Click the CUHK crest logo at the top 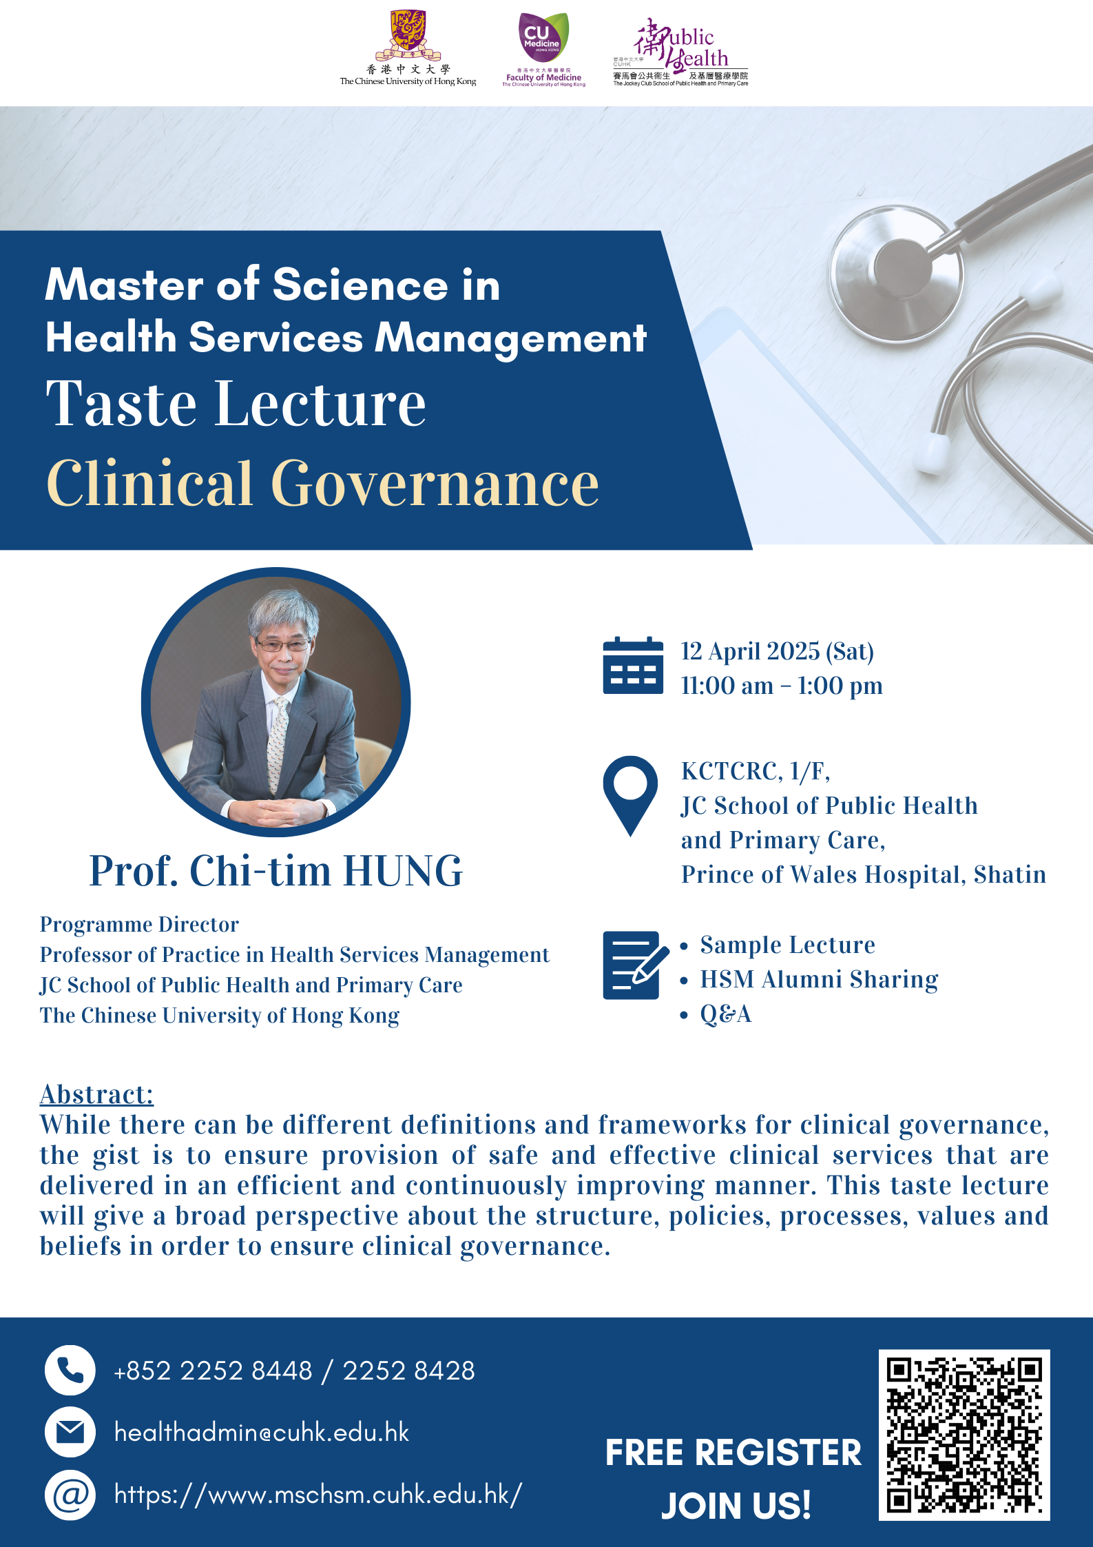408,36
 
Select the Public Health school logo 680,52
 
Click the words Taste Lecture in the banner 236,404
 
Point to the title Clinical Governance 322,483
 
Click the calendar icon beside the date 633,666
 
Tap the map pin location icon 630,796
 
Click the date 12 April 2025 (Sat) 778,651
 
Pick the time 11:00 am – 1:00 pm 782,686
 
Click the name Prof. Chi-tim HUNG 276,870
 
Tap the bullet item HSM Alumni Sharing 819,979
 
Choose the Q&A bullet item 725,1014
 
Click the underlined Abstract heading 96,1094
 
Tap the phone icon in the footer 70,1371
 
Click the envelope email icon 70,1433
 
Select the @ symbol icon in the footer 70,1495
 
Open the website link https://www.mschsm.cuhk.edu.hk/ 318,1495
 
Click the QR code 964,1435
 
